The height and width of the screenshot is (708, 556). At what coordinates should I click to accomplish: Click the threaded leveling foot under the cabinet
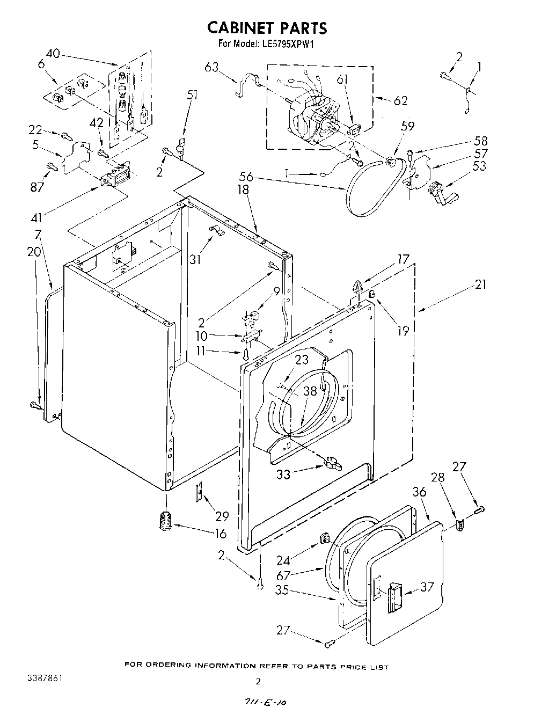click(164, 521)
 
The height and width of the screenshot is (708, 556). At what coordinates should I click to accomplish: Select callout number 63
click(211, 67)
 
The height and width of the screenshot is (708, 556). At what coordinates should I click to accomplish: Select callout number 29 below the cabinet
click(222, 516)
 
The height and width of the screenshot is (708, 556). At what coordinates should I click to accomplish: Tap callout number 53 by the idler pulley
click(479, 166)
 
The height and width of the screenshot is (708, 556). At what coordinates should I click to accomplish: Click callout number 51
click(192, 96)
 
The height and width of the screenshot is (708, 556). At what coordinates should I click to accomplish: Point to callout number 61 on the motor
click(342, 79)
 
